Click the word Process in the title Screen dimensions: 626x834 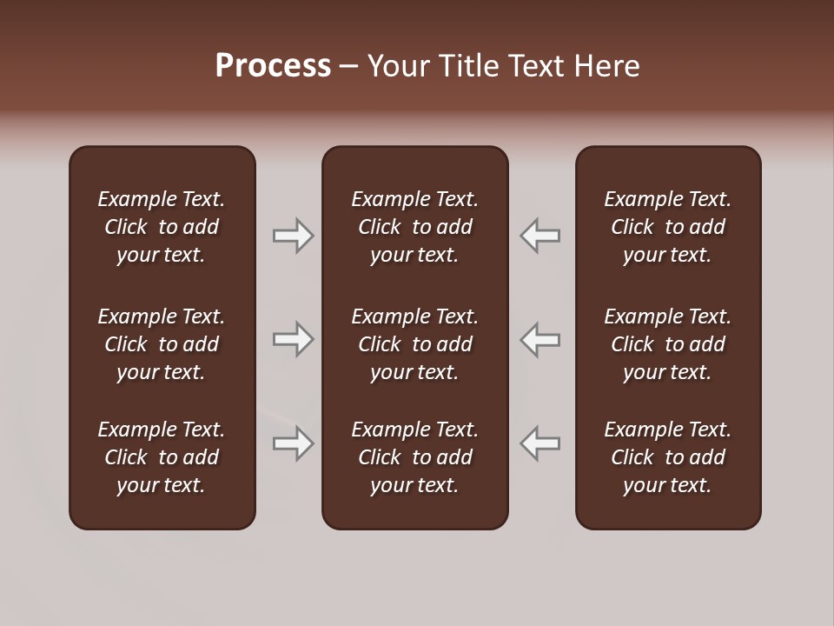[x=273, y=66]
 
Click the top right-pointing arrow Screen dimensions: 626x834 [x=293, y=236]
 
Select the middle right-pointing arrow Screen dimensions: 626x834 [x=293, y=339]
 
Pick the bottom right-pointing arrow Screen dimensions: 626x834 [x=293, y=443]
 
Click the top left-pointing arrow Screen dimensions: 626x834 [x=540, y=236]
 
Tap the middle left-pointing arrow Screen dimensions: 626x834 [x=540, y=339]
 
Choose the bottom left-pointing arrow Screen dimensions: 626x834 [x=540, y=443]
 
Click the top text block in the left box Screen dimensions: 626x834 [x=162, y=227]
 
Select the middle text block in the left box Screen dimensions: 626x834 [x=162, y=344]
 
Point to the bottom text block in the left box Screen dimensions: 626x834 [x=162, y=457]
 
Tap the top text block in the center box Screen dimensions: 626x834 [x=414, y=227]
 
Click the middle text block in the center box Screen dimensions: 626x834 [x=414, y=344]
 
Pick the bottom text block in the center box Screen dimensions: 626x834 [x=414, y=457]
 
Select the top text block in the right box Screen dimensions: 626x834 [x=667, y=227]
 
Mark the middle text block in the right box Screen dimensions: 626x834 [x=667, y=344]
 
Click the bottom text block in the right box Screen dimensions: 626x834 [x=667, y=457]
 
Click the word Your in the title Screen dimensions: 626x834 [x=398, y=66]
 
